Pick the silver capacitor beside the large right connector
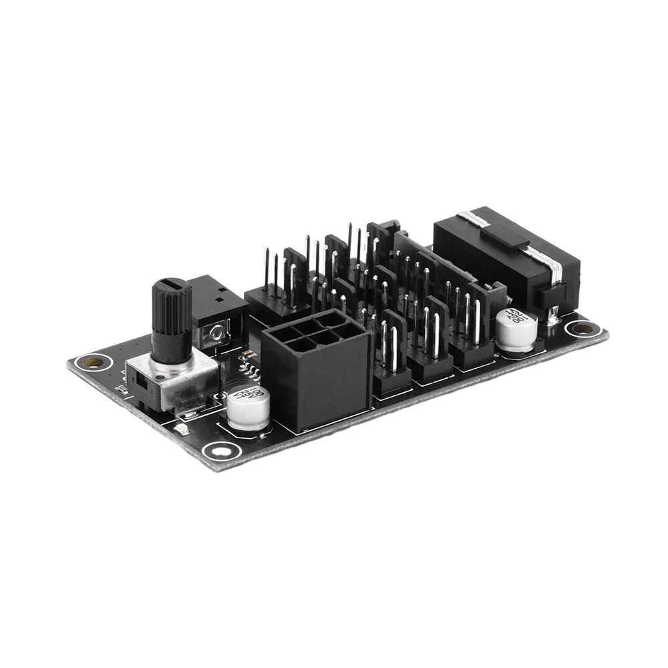point(516,329)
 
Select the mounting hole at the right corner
point(582,328)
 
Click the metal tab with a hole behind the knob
point(216,332)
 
